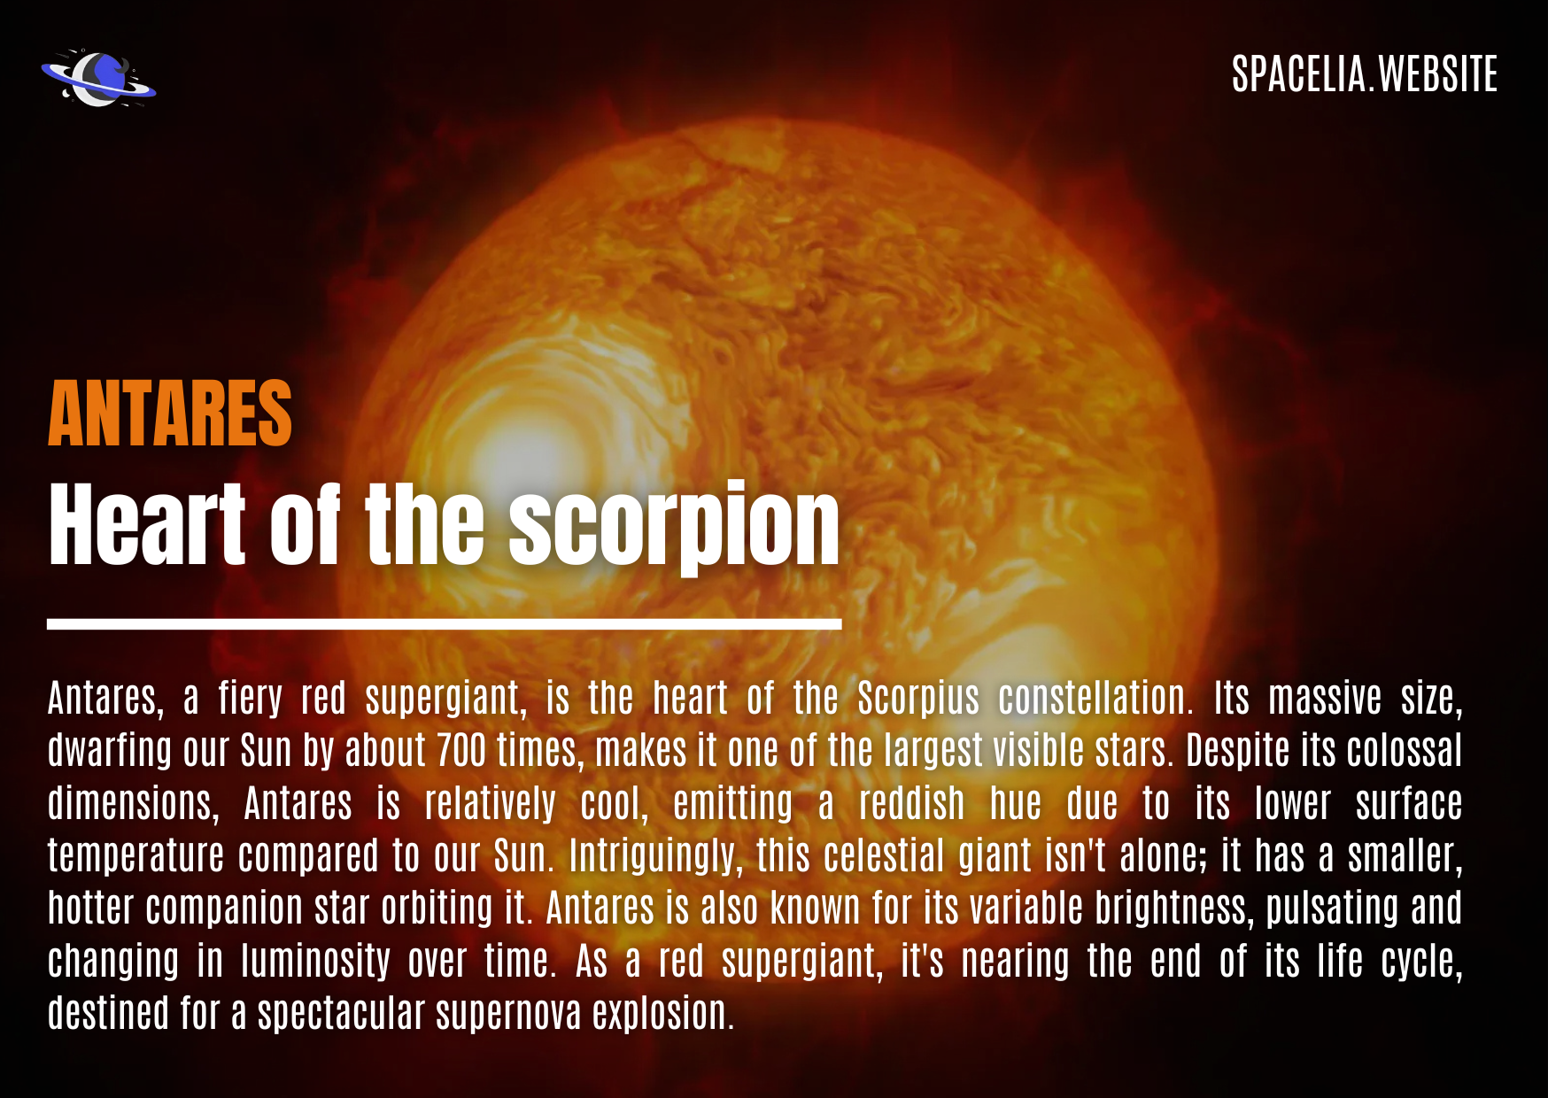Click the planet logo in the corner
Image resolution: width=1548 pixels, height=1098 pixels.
pos(98,78)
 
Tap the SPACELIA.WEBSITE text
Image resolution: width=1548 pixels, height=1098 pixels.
pos(1365,74)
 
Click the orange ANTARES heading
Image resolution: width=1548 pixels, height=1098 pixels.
pos(170,414)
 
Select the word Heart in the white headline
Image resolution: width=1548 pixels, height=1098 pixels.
pos(147,524)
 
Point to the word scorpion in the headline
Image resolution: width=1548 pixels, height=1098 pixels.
pos(674,529)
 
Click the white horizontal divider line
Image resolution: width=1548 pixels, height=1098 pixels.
pos(444,624)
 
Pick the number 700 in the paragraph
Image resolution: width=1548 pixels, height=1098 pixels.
pos(461,751)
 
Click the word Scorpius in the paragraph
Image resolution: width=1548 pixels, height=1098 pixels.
pos(918,700)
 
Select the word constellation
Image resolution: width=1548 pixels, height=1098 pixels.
pos(1095,698)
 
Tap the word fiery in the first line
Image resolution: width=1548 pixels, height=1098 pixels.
pos(252,700)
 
